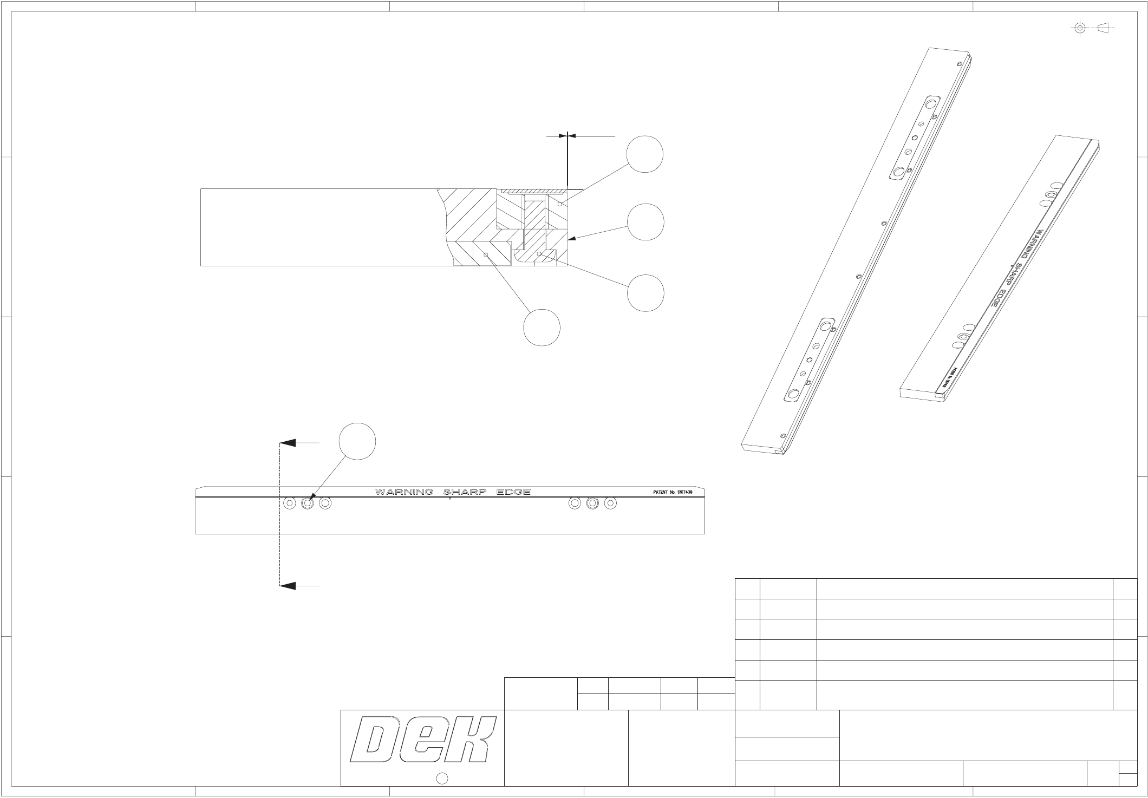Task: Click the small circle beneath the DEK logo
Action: pyautogui.click(x=442, y=779)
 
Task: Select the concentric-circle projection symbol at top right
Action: pyautogui.click(x=1080, y=28)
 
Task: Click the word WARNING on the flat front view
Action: pyautogui.click(x=404, y=492)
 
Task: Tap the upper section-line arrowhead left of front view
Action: pyautogui.click(x=288, y=443)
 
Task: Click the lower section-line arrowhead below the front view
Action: pyautogui.click(x=288, y=586)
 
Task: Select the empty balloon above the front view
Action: pyautogui.click(x=357, y=442)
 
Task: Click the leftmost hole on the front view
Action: pyautogui.click(x=290, y=503)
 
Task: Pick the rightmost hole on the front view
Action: pyautogui.click(x=610, y=503)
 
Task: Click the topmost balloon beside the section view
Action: pyautogui.click(x=645, y=154)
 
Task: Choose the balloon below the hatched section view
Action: pyautogui.click(x=542, y=326)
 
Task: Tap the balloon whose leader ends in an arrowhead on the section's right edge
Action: pyautogui.click(x=645, y=221)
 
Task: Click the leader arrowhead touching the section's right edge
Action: pyautogui.click(x=571, y=238)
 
